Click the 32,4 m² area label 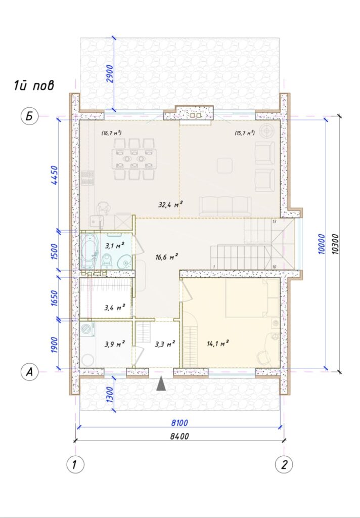[x=171, y=205]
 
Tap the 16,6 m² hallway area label [x=167, y=256]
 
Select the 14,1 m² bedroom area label [x=218, y=343]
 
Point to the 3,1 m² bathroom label [x=115, y=245]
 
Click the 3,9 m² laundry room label [x=115, y=344]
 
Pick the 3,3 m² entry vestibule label [x=165, y=344]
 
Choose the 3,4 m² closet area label [x=115, y=308]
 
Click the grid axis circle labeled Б [x=30, y=117]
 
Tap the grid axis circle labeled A [x=30, y=372]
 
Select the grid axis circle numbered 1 [x=75, y=464]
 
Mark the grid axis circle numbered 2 [x=284, y=464]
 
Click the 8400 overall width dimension [x=179, y=437]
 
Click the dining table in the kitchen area [x=134, y=159]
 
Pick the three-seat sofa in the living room [x=225, y=206]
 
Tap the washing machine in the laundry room [x=87, y=330]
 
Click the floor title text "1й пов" [x=34, y=85]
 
